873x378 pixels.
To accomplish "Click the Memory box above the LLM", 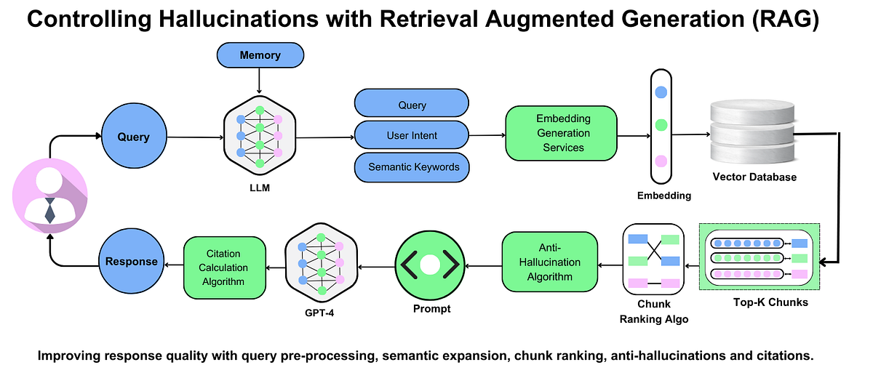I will pos(260,55).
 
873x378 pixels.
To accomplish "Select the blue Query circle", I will pos(134,137).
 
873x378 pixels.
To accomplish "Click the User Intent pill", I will pos(412,136).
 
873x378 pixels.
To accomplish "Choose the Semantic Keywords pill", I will pos(412,167).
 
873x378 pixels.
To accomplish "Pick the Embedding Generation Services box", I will pos(562,133).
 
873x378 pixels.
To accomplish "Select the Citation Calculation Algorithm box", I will pos(225,268).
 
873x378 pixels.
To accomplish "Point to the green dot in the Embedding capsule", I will pos(661,125).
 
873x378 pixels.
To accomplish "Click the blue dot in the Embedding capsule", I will pos(661,92).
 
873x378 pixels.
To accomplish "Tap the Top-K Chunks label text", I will pos(761,302).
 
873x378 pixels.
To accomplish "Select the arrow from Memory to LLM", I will pos(260,80).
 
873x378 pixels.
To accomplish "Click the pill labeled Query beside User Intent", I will pos(412,105).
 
